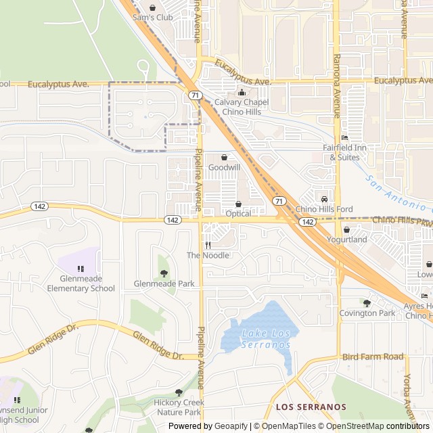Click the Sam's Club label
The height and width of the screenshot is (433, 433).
click(x=153, y=17)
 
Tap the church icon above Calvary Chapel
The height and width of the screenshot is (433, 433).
click(x=242, y=93)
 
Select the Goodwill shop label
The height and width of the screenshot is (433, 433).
click(x=224, y=166)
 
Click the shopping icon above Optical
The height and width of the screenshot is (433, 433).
click(x=238, y=204)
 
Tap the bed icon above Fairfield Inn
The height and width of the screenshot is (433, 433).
click(x=345, y=137)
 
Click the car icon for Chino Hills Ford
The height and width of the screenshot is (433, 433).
click(x=325, y=199)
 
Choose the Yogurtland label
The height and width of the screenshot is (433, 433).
click(x=347, y=240)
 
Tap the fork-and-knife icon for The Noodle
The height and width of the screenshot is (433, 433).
click(x=208, y=245)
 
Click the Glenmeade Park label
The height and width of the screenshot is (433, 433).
click(x=164, y=283)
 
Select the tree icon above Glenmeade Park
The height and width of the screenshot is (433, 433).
click(x=164, y=273)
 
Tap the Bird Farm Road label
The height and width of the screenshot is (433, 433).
click(x=373, y=357)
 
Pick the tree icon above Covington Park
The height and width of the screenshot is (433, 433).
click(x=367, y=303)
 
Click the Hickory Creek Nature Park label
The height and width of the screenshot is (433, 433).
click(x=178, y=407)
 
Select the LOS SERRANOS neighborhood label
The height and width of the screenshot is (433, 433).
click(x=311, y=407)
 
